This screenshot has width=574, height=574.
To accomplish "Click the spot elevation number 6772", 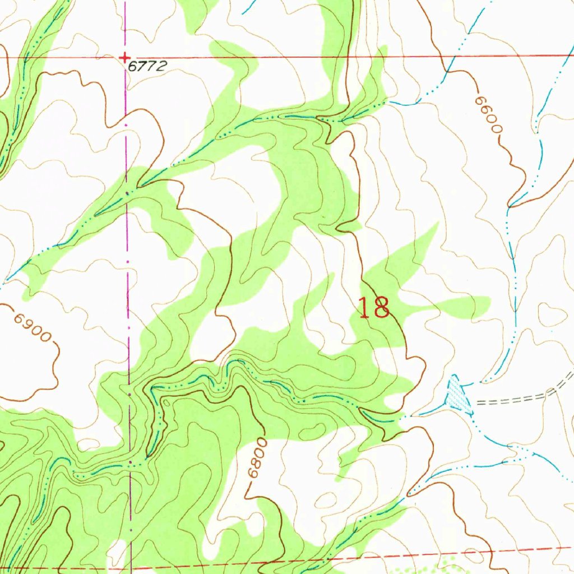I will pyautogui.click(x=147, y=66).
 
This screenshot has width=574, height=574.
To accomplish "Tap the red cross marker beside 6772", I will pyautogui.click(x=124, y=57).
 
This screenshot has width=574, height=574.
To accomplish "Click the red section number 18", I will pyautogui.click(x=374, y=308).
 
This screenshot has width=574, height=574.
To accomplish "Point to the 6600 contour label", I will pyautogui.click(x=487, y=115).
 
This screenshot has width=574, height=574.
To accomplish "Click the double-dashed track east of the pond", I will pyautogui.click(x=516, y=399).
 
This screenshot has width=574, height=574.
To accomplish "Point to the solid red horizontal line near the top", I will pyautogui.click(x=336, y=57).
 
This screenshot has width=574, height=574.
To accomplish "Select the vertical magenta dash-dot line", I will pyautogui.click(x=127, y=280).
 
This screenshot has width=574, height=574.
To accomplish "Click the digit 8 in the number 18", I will pyautogui.click(x=382, y=308).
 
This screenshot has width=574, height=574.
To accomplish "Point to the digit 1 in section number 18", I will pyautogui.click(x=364, y=308).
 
